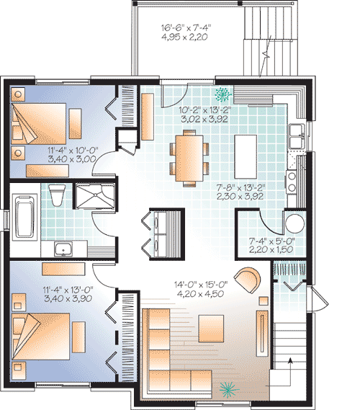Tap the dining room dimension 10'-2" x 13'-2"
tap(203, 115)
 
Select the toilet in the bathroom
tap(58, 193)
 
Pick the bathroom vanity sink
tap(63, 250)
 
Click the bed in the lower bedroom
tap(46, 339)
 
